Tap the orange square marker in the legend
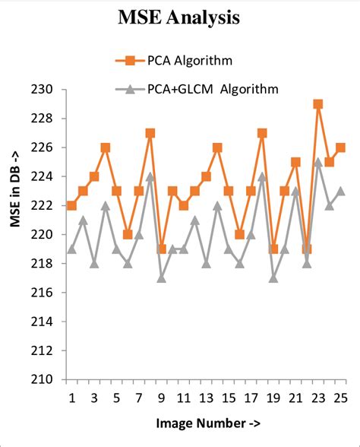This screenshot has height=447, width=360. [130, 60]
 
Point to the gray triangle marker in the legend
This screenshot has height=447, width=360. [130, 89]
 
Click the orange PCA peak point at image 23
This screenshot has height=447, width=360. [317, 104]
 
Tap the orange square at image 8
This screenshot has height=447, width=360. [150, 133]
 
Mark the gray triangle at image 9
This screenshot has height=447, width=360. [161, 277]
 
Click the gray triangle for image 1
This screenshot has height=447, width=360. [71, 249]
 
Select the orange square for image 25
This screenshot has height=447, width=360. [340, 147]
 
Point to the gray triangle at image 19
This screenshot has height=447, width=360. [273, 277]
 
